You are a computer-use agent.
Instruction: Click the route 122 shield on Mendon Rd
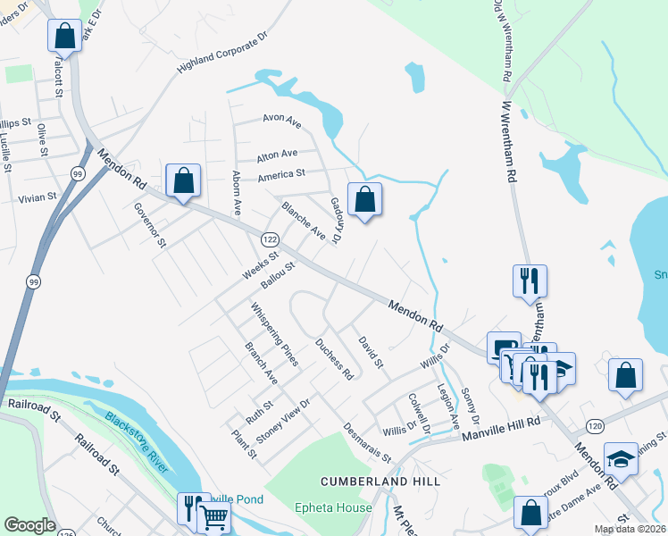pyautogui.click(x=269, y=239)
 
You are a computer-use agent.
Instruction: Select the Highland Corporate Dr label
pyautogui.click(x=222, y=54)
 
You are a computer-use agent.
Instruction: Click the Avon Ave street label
pyautogui.click(x=281, y=118)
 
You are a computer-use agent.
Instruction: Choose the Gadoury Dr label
pyautogui.click(x=336, y=221)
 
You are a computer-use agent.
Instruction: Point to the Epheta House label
pyautogui.click(x=333, y=508)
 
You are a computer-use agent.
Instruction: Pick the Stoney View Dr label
pyautogui.click(x=282, y=420)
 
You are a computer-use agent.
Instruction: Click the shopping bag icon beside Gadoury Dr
pyautogui.click(x=364, y=200)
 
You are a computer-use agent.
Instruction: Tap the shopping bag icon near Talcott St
pyautogui.click(x=65, y=37)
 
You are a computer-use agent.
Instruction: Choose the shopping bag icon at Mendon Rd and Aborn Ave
pyautogui.click(x=183, y=181)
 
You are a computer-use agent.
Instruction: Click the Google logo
pyautogui.click(x=30, y=525)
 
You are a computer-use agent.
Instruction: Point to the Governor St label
pyautogui.click(x=150, y=224)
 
